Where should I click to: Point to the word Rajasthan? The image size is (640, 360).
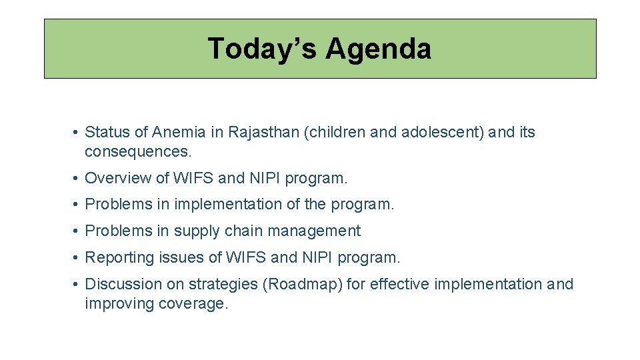(x=263, y=132)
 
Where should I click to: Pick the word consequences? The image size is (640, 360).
(x=137, y=152)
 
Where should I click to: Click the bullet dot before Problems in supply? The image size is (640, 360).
(x=77, y=231)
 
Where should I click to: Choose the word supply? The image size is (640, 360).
(x=195, y=231)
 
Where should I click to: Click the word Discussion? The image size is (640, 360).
(x=124, y=284)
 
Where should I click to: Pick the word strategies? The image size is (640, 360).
(x=223, y=284)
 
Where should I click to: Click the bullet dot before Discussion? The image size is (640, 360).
(x=77, y=284)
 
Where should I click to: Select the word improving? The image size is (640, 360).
(x=119, y=304)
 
